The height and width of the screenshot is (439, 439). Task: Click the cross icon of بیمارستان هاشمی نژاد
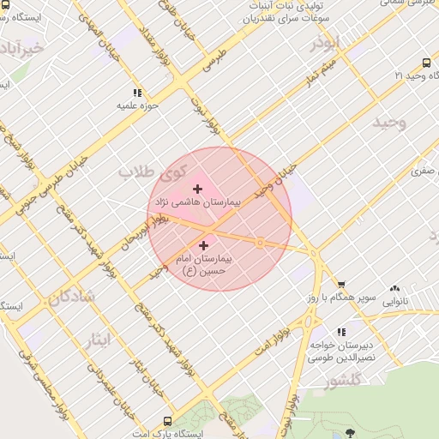197,189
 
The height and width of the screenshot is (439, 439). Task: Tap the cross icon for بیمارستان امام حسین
203,246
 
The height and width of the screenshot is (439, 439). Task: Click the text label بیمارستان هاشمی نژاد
197,202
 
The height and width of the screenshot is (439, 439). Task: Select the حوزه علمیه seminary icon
137,93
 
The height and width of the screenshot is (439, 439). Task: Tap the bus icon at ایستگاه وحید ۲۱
426,63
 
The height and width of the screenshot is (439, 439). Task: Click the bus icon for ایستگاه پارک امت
166,421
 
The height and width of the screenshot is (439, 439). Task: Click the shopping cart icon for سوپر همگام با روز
341,284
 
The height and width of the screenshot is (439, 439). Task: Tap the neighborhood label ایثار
99,340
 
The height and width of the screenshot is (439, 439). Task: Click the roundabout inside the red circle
260,244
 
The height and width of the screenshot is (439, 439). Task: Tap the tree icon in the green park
351,433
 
